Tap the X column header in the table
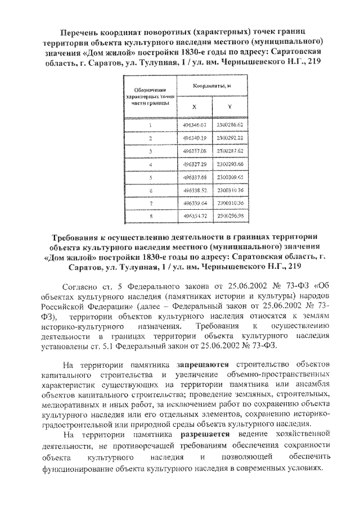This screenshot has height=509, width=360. (x=194, y=107)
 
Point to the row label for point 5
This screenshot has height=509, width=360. (x=150, y=178)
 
